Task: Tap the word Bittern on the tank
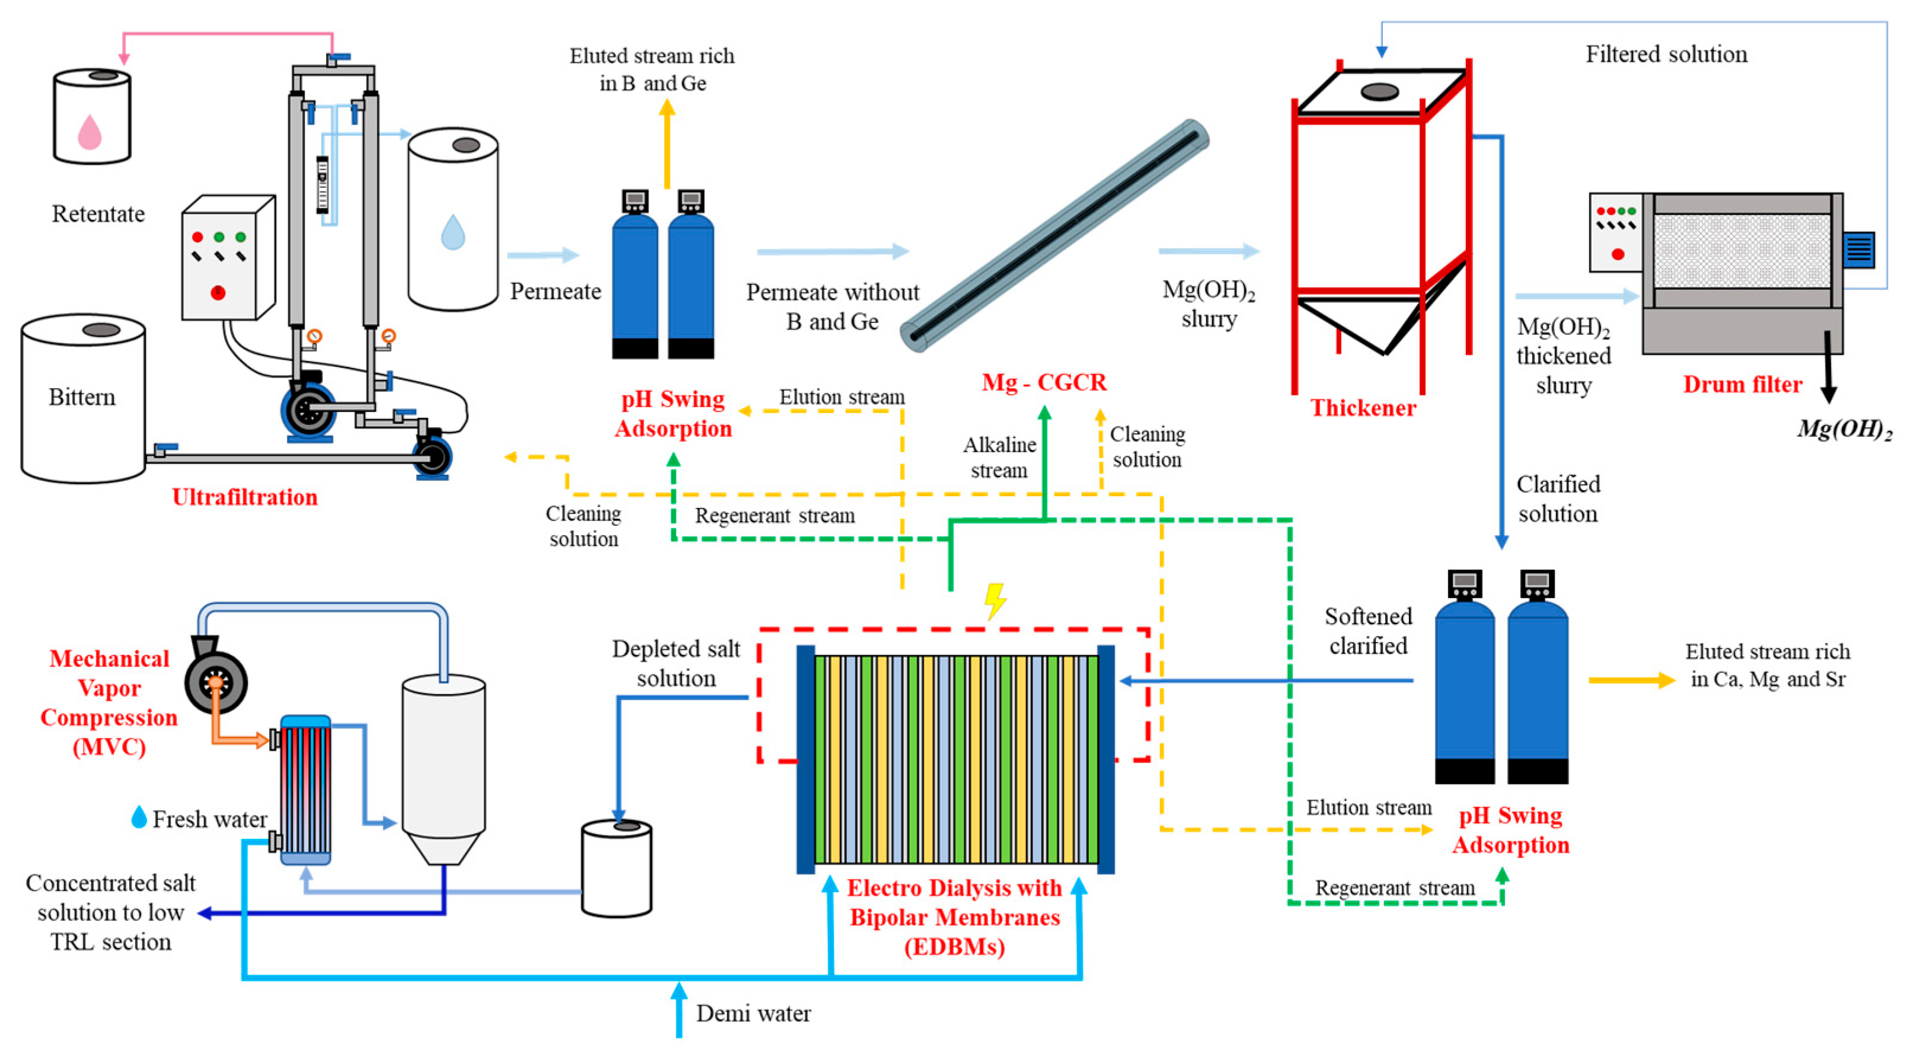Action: [82, 397]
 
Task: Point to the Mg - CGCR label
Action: [1044, 382]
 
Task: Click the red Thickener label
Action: [1363, 408]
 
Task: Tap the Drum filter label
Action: [1742, 384]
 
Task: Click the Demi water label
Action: [753, 1013]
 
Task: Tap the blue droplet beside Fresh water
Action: [139, 817]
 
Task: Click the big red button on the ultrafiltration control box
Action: [218, 293]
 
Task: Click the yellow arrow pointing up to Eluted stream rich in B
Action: [667, 145]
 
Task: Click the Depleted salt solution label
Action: [676, 663]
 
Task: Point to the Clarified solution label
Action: [1558, 498]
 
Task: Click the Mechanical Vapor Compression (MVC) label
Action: [109, 702]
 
